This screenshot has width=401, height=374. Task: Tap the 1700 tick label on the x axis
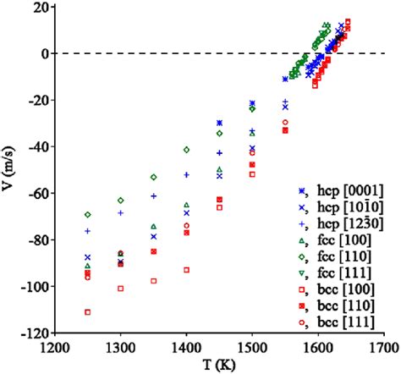coord(383,346)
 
